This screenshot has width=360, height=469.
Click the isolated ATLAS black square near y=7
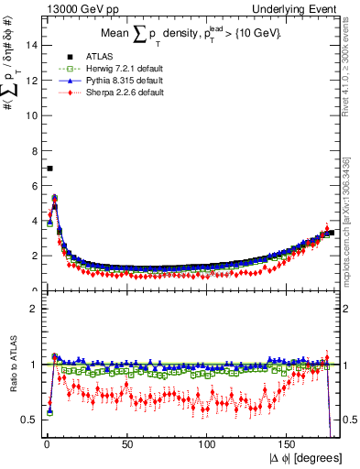click(x=49, y=169)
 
